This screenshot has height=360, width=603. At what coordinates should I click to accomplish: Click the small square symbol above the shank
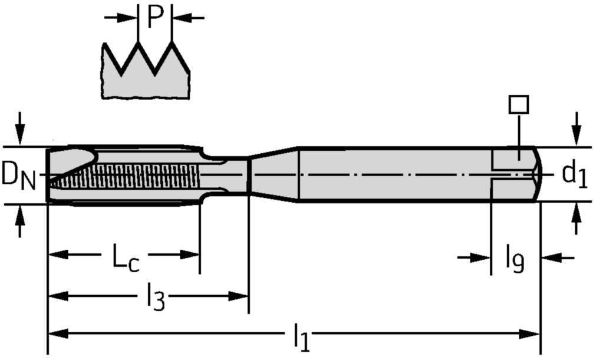click(518, 105)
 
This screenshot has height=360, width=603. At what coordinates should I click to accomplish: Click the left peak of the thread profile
click(137, 44)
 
